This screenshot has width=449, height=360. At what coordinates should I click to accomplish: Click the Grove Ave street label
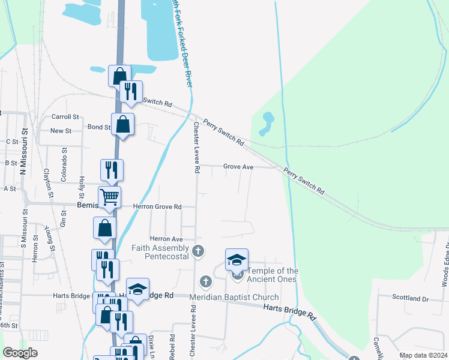[x=238, y=167]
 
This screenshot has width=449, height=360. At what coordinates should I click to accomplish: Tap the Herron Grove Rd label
[x=157, y=207]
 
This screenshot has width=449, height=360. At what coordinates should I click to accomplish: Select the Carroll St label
[x=65, y=117]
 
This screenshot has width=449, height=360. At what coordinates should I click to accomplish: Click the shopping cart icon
[x=109, y=197]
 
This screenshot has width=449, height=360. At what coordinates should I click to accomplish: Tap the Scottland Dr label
[x=411, y=298]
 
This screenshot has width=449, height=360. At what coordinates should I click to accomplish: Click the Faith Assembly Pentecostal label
[x=162, y=252]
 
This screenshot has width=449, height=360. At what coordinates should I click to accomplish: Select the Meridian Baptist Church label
[x=234, y=298]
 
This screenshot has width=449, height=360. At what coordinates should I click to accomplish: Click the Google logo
[x=20, y=353]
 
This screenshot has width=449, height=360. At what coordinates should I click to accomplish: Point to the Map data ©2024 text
[x=423, y=355]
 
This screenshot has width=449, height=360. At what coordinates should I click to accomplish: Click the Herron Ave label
[x=166, y=239]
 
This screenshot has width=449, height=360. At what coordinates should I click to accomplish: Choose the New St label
[x=61, y=131]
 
